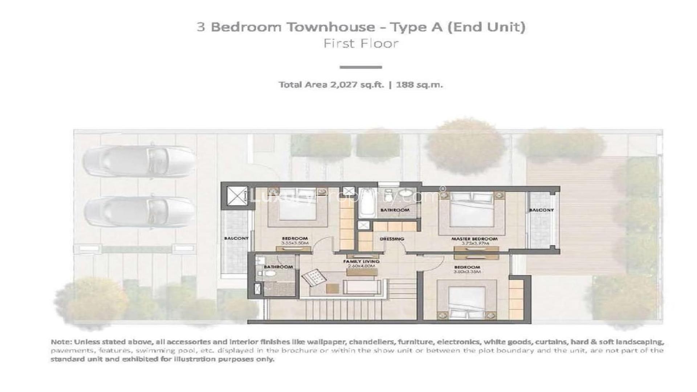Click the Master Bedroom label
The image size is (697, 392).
(x=474, y=239)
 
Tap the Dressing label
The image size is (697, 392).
(x=392, y=239)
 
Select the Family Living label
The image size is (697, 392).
(x=361, y=261)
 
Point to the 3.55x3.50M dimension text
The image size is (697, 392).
(x=294, y=243)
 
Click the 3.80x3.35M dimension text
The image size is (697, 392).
(x=467, y=271)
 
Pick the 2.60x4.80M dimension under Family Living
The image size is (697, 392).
(x=361, y=266)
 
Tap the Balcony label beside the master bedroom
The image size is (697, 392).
(x=541, y=210)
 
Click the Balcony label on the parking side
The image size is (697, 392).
(x=236, y=238)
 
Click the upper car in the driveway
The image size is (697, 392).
(x=138, y=160)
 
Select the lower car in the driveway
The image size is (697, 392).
(x=139, y=212)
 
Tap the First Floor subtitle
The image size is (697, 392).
(x=361, y=44)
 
